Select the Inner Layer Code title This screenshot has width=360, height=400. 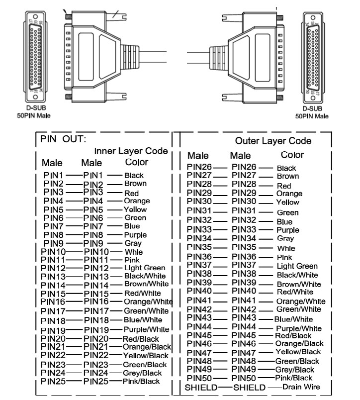131,151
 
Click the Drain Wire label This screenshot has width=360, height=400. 301,387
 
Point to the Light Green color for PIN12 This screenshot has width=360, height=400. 145,268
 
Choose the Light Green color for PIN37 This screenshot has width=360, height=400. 297,266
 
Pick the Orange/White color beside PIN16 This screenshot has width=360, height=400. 148,301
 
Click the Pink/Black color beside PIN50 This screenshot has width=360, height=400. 294,378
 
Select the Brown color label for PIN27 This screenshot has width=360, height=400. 287,176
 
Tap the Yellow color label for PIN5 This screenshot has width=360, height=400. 135,209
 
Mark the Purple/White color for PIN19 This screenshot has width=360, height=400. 146,329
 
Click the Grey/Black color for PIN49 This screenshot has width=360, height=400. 295,370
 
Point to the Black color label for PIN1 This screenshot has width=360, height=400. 134,175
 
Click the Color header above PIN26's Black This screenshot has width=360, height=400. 292,155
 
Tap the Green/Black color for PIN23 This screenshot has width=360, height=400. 145,365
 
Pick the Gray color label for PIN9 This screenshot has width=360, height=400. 133,243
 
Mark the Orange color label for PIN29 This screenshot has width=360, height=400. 289,194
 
